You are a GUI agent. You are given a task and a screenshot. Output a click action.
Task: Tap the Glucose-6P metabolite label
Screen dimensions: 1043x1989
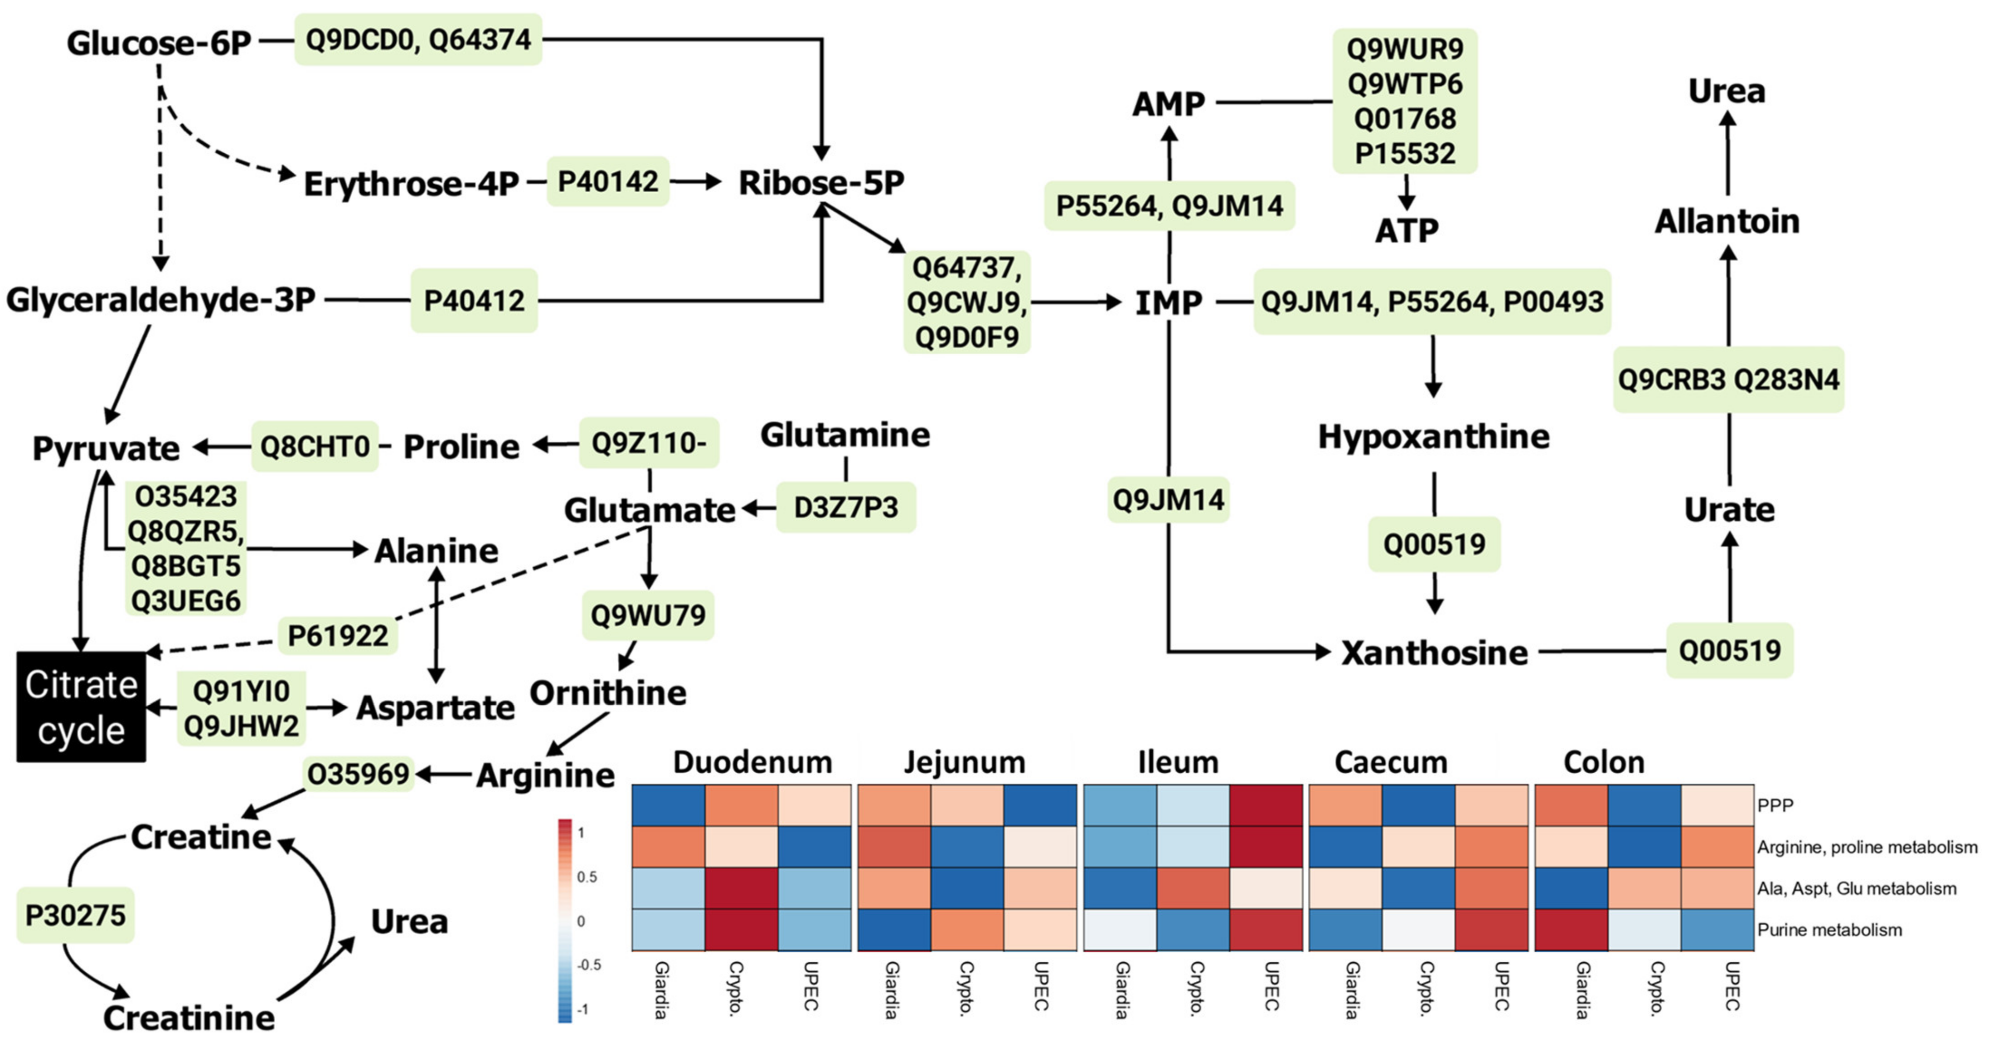159,43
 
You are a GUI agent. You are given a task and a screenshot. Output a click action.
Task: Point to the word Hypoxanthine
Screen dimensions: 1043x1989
1433,437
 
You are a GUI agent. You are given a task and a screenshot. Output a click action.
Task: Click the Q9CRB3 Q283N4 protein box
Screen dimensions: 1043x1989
1728,380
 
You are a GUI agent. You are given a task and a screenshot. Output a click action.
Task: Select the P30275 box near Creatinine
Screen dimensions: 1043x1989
75,916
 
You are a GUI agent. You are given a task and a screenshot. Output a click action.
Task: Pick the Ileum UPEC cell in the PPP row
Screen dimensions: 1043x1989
1266,805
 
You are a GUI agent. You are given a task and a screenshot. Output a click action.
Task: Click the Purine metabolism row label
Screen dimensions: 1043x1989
1829,930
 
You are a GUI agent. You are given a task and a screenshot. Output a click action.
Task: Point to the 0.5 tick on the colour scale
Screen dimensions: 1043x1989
587,877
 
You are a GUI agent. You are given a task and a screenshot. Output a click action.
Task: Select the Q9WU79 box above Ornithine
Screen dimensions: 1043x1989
648,616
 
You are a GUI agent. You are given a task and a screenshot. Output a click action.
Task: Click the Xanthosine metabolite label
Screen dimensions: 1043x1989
1434,653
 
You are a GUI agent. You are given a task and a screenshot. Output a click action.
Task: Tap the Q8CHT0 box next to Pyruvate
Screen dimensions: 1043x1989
315,447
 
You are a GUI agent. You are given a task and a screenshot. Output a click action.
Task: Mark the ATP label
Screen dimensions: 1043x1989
1406,230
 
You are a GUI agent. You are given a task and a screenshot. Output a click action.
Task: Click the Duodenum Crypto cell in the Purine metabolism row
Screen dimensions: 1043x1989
741,930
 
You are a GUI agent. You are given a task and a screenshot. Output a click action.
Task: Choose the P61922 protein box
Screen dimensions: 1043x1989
337,636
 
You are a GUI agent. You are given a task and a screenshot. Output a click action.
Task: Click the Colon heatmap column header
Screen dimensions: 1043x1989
1604,763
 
